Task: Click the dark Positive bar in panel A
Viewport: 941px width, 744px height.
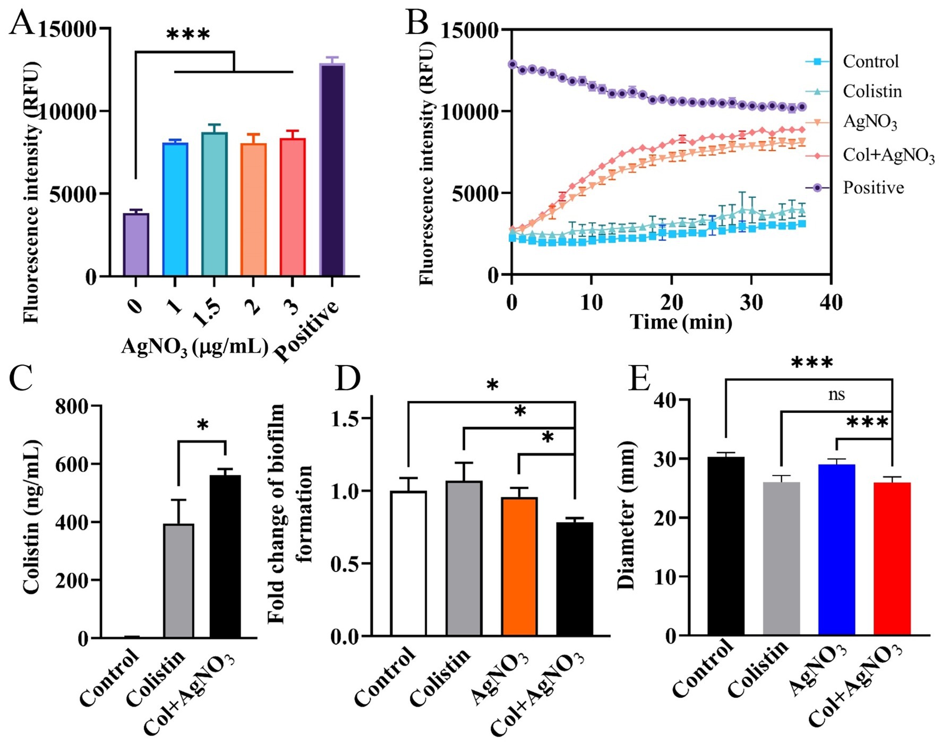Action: [x=332, y=170]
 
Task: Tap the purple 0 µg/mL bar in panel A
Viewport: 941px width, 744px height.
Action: [x=135, y=245]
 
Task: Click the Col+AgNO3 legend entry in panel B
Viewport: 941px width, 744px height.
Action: [x=888, y=155]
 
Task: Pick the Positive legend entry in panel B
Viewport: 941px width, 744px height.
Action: [x=873, y=188]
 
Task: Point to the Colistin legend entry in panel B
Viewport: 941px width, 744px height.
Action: [x=872, y=91]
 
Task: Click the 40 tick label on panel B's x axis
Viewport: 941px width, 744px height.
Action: [x=831, y=302]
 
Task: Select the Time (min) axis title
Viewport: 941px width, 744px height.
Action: [x=681, y=322]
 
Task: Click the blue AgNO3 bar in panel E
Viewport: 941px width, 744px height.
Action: [x=836, y=549]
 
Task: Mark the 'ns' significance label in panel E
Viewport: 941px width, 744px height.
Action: [x=836, y=395]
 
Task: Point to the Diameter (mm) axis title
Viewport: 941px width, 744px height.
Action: [x=627, y=515]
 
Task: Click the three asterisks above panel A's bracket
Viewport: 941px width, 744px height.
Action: [x=188, y=35]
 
